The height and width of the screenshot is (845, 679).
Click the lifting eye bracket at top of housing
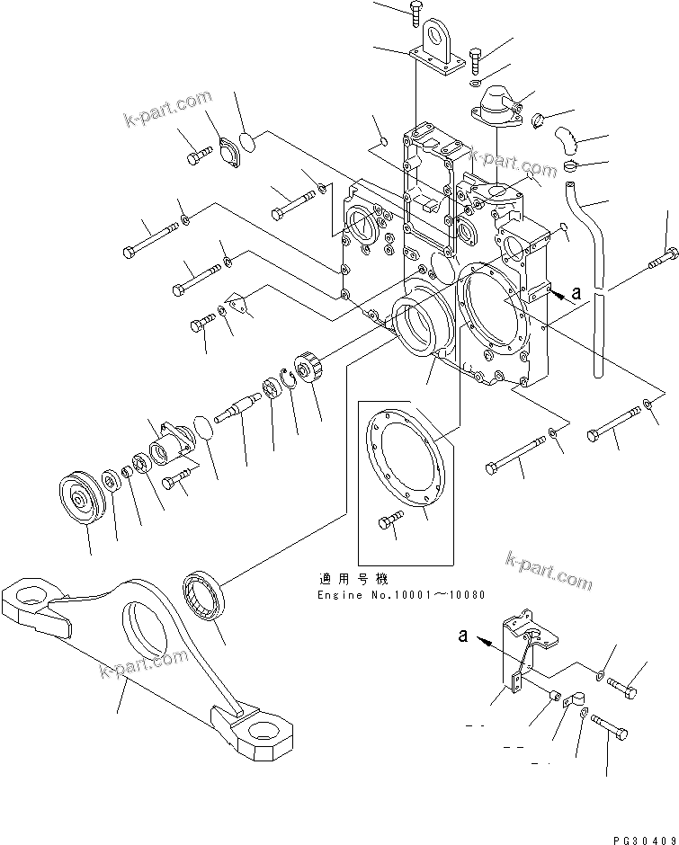click(x=442, y=45)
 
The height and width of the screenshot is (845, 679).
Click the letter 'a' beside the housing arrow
click(x=576, y=293)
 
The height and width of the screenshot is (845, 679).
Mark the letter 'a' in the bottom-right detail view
click(x=462, y=635)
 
